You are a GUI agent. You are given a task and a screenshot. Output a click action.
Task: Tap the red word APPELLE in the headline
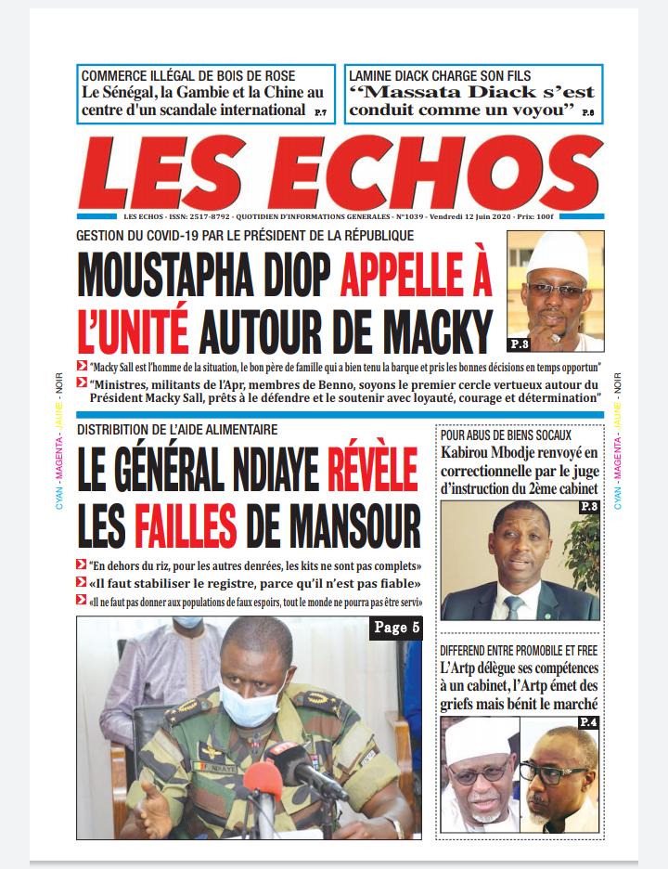point(416,276)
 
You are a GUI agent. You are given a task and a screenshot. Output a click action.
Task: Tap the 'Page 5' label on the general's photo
point(397,628)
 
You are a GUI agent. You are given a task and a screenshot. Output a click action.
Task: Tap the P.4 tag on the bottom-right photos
point(587,722)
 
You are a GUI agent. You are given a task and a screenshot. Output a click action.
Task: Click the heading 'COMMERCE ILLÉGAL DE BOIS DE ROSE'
point(188,75)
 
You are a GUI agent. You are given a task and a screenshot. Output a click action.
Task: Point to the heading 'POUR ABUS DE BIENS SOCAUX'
point(506,434)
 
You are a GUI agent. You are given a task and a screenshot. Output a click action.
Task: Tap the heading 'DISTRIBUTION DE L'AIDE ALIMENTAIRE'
point(177,430)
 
